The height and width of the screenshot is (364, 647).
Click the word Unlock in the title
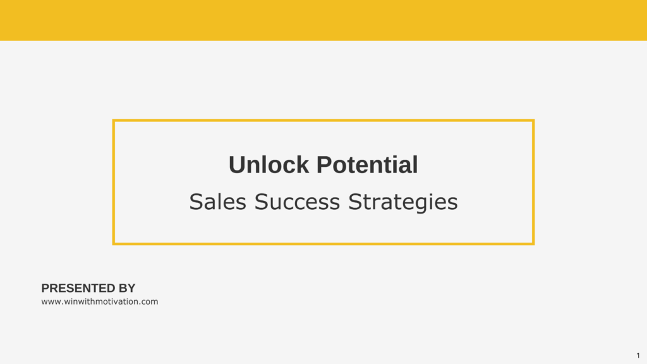click(x=269, y=165)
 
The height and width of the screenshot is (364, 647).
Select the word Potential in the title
click(x=367, y=165)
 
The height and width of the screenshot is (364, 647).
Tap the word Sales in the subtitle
click(x=217, y=202)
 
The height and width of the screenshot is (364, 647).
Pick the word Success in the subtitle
click(x=297, y=202)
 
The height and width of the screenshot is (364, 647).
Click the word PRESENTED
click(x=73, y=288)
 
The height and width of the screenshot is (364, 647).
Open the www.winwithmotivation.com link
click(x=99, y=301)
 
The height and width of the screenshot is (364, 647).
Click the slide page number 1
click(x=638, y=355)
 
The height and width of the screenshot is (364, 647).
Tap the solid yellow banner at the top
click(x=323, y=20)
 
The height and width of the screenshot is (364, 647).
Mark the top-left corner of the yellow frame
click(x=114, y=121)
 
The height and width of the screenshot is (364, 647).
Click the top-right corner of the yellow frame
click(x=533, y=121)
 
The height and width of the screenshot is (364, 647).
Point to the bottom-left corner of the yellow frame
click(x=114, y=244)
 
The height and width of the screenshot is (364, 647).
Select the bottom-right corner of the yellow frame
click(x=533, y=244)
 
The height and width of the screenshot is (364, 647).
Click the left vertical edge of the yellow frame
click(x=114, y=182)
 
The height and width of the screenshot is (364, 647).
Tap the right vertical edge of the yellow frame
click(x=533, y=182)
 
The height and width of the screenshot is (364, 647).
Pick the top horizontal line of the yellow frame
click(x=323, y=121)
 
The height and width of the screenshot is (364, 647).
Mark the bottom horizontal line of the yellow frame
click(x=323, y=244)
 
